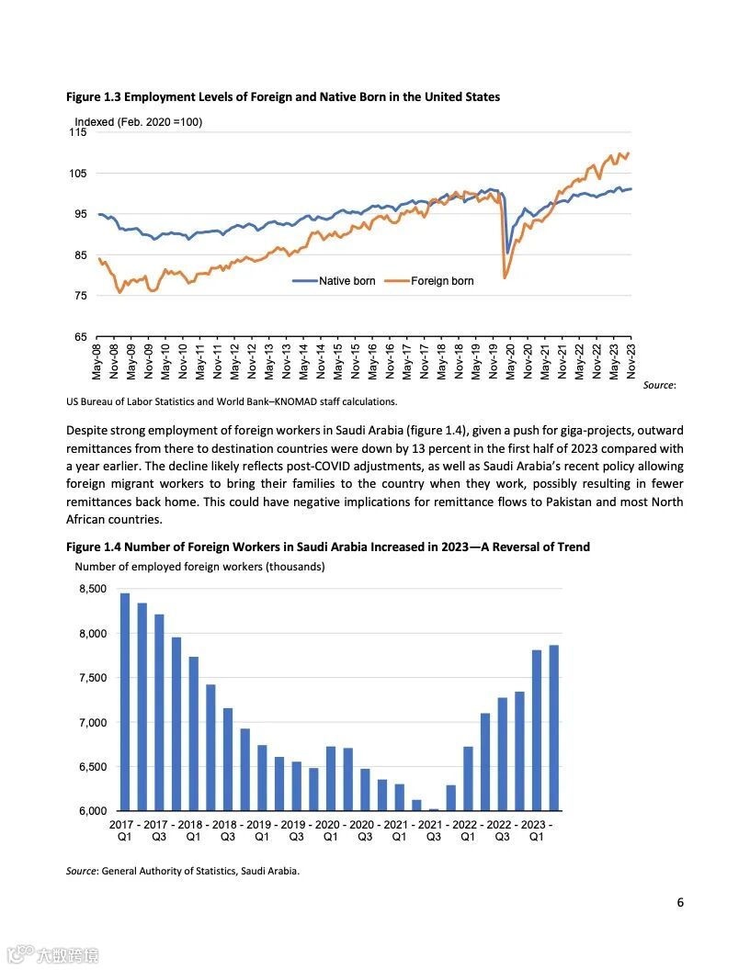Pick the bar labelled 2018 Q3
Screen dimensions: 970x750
[228, 759]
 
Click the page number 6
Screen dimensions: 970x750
[680, 902]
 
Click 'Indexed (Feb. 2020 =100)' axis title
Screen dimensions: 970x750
[139, 122]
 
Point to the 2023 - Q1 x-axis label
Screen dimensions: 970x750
[537, 830]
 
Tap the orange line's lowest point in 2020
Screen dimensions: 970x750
[505, 276]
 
